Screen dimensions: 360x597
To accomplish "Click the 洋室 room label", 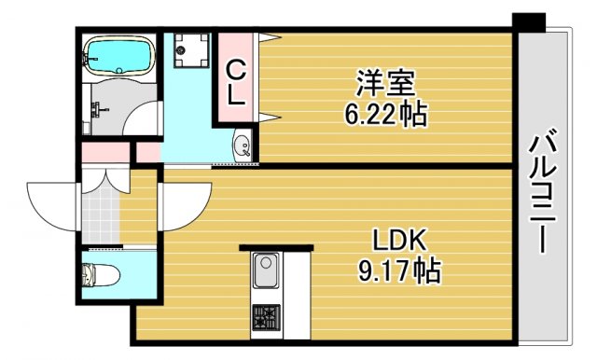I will click(384, 82).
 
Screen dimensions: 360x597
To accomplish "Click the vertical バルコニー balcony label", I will click(545, 192).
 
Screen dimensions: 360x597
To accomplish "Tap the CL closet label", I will click(237, 81).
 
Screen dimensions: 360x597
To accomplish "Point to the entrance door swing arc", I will click(51, 200).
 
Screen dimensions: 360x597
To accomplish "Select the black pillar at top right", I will click(529, 21).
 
